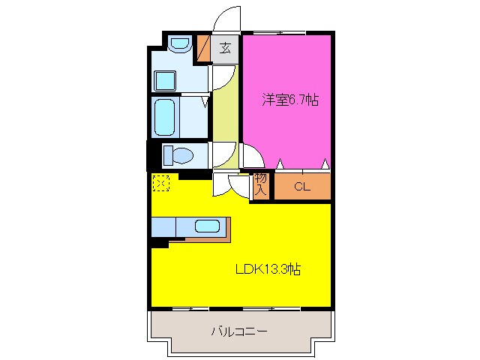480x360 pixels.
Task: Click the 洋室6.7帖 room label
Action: tap(289, 100)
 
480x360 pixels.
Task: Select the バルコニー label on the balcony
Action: tap(239, 330)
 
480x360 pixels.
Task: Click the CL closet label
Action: tap(301, 187)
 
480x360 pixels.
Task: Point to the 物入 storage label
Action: tap(260, 184)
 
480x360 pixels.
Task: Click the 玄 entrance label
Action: tap(225, 49)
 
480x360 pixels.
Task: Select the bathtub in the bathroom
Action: tap(166, 116)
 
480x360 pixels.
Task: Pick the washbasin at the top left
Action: tap(178, 45)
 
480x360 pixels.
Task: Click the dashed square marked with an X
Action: tap(161, 182)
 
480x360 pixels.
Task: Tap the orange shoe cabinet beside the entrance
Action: tap(203, 49)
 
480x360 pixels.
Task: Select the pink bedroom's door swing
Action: tap(253, 155)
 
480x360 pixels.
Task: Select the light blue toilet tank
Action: tap(169, 154)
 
